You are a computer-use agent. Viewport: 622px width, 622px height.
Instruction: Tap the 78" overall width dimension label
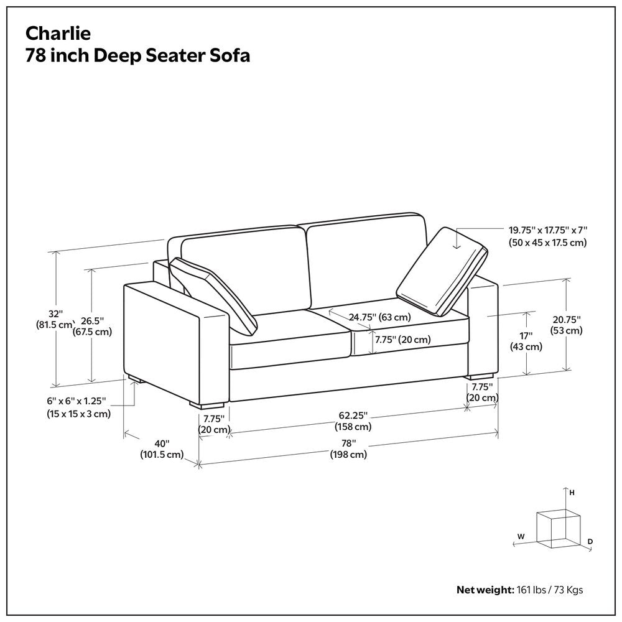348,448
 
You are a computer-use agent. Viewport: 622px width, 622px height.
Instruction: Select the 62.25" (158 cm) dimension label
353,420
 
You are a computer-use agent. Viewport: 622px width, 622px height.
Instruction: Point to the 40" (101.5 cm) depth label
162,448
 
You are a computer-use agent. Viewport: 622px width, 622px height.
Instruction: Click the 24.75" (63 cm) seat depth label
379,317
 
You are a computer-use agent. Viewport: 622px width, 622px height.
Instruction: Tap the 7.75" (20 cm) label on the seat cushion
402,340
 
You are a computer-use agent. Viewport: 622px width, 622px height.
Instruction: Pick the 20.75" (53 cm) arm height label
567,325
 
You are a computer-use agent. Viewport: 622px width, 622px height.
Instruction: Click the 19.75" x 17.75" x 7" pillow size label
547,236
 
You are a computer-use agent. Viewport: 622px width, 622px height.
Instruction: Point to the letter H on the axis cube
571,492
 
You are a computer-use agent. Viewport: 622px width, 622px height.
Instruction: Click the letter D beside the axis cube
590,542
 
